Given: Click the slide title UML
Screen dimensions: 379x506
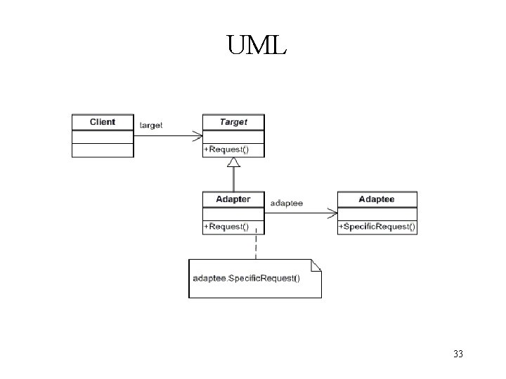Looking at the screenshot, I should [x=257, y=46].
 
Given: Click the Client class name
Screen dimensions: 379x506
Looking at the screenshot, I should [x=103, y=122].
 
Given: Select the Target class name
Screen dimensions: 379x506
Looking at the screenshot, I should [x=233, y=122].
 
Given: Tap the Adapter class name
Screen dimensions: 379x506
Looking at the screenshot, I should [x=233, y=199].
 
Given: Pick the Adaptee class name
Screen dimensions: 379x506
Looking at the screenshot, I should [x=377, y=199].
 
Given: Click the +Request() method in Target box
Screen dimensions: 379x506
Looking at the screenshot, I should [x=226, y=149].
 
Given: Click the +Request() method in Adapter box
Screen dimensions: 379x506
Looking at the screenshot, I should [x=226, y=227].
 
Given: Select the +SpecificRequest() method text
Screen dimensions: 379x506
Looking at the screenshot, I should [x=377, y=227].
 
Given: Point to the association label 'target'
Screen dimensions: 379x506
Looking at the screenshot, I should [x=151, y=125].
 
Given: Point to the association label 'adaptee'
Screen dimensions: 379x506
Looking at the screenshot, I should [x=287, y=203].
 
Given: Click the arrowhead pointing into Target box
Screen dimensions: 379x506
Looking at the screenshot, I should [x=197, y=135].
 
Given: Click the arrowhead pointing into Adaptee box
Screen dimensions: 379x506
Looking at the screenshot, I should [x=333, y=213].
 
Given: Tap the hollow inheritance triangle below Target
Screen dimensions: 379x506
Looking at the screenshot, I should [x=234, y=163].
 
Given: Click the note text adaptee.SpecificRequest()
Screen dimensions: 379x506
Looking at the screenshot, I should [x=246, y=278].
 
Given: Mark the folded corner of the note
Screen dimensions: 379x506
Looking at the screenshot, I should [x=316, y=265].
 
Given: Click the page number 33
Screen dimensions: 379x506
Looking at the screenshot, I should [x=458, y=354].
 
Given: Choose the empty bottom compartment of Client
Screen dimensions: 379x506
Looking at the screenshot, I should [x=103, y=150].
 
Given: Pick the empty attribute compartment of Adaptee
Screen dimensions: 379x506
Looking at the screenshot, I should [x=377, y=213].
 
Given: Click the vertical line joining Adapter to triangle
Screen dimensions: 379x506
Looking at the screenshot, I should [x=234, y=180].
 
